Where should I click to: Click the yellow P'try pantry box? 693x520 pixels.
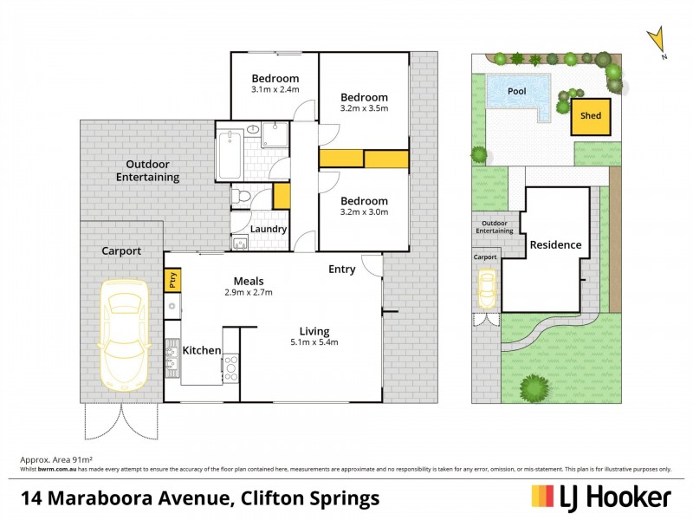coord(172,281)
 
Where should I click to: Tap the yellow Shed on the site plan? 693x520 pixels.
coord(590,116)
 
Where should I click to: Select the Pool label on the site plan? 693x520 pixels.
coord(517,90)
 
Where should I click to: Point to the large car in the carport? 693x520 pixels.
coord(123,334)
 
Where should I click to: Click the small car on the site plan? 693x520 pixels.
coord(487,288)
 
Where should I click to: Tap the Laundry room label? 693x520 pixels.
coord(269,229)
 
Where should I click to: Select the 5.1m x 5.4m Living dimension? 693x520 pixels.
coord(314,342)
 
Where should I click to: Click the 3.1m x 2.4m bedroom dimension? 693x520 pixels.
coord(275,90)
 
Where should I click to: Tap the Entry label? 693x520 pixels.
coord(341,270)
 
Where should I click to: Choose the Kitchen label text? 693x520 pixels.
coord(201,350)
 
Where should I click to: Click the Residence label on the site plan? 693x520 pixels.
coord(555,244)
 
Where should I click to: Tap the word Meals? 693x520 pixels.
coord(249,281)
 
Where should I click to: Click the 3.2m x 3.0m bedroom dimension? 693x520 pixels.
coord(364,211)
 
